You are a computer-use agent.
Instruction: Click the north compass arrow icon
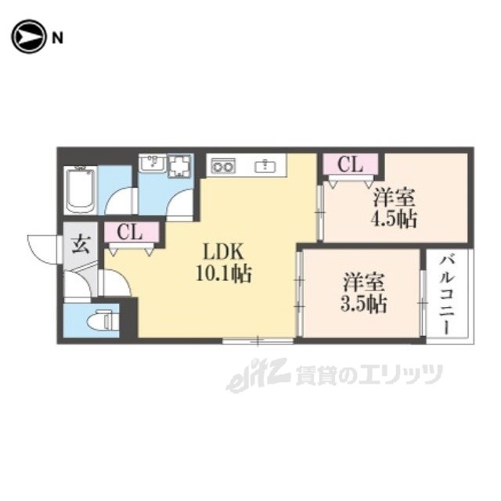coord(27,36)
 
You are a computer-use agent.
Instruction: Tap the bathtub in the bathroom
coord(81,190)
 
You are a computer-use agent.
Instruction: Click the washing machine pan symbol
coord(179,166)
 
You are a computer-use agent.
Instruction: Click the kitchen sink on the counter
coord(267,164)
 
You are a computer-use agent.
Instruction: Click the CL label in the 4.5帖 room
coord(350,164)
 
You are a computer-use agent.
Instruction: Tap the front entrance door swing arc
coord(41,249)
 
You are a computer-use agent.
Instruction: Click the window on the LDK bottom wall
coord(258,341)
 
